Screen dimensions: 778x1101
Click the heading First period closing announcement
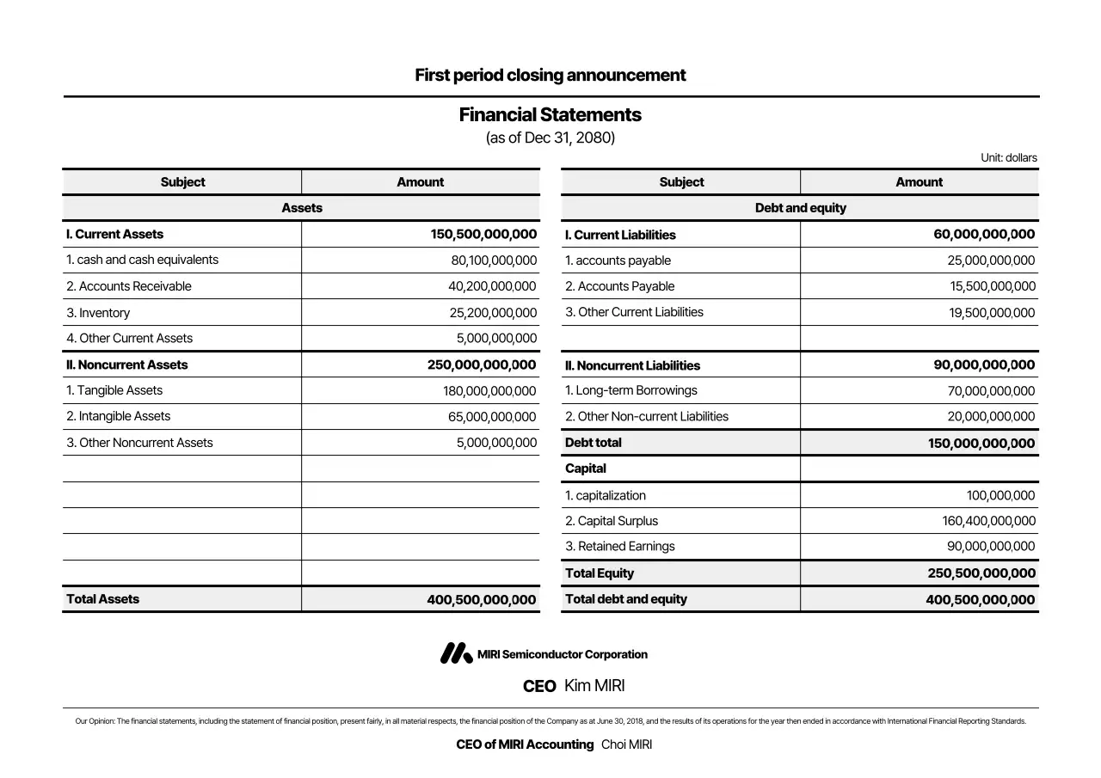click(550, 75)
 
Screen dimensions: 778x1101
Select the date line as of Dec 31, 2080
click(550, 138)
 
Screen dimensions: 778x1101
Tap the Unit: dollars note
click(1008, 157)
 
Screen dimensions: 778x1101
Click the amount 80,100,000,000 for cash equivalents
click(493, 260)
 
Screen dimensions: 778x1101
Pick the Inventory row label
click(99, 313)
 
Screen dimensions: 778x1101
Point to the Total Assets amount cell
click(481, 600)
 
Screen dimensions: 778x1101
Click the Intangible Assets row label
click(119, 416)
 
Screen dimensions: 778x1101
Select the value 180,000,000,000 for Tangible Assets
click(489, 391)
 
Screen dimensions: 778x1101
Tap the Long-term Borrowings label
click(630, 390)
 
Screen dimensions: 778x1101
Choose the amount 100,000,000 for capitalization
click(1000, 495)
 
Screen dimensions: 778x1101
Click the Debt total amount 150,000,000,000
click(981, 444)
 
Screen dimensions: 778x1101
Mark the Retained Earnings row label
click(619, 546)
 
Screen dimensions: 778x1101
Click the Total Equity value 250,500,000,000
click(981, 573)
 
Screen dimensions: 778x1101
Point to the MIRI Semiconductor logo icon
click(456, 654)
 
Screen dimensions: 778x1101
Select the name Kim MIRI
click(594, 686)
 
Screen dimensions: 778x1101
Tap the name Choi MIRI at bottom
click(626, 744)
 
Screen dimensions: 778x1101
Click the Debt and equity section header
click(800, 208)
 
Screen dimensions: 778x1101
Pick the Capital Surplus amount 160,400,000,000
click(988, 521)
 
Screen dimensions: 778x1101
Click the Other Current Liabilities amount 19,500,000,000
click(992, 313)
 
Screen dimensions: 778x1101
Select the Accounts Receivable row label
click(129, 286)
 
